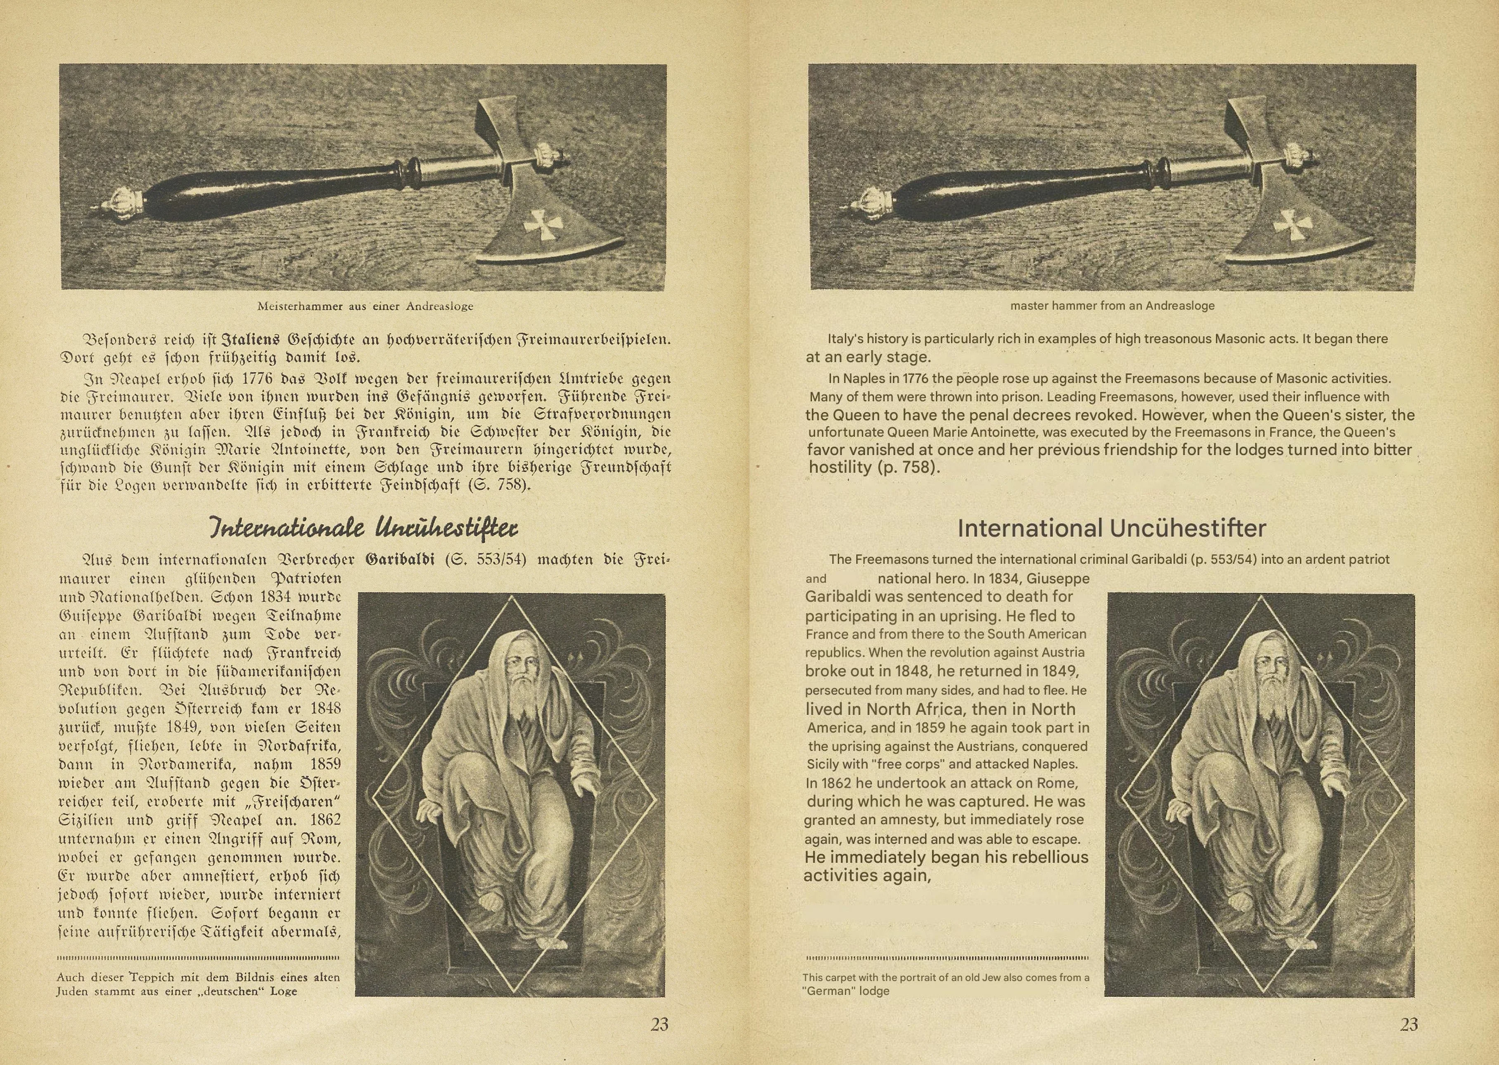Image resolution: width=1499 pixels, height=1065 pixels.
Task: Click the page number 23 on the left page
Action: [659, 1025]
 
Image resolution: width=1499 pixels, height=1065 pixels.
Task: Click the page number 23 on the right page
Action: [1409, 1025]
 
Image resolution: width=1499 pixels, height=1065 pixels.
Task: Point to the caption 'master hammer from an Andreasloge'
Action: [1112, 306]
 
